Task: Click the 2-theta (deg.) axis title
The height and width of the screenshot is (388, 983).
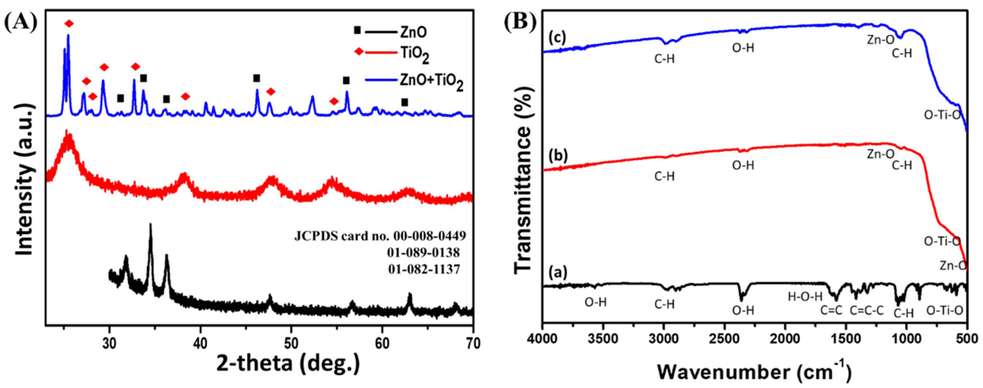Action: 288,364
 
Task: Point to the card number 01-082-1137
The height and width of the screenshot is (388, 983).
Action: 424,269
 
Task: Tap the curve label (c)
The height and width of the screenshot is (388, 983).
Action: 558,37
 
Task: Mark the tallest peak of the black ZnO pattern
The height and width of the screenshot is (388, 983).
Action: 150,225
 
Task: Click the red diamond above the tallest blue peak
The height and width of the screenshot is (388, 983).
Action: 69,24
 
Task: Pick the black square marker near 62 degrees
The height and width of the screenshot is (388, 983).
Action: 404,102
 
